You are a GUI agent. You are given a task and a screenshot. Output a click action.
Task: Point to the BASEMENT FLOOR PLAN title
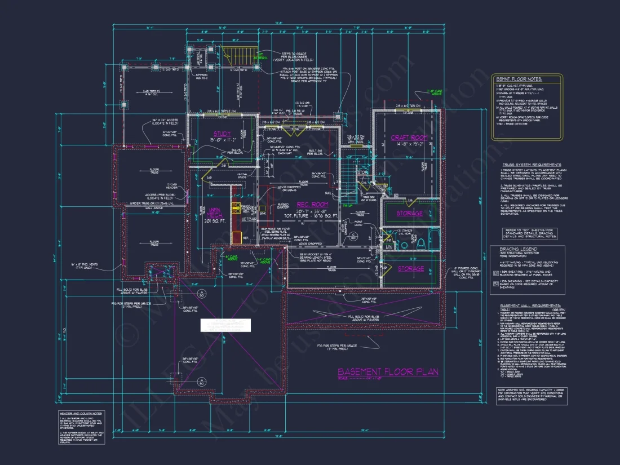tap(388, 372)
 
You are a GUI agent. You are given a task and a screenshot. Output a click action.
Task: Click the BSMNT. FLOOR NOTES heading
tap(519, 79)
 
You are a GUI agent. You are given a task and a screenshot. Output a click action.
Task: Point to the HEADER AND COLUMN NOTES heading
tap(82, 413)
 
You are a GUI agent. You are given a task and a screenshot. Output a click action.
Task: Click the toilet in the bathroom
tap(420, 242)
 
